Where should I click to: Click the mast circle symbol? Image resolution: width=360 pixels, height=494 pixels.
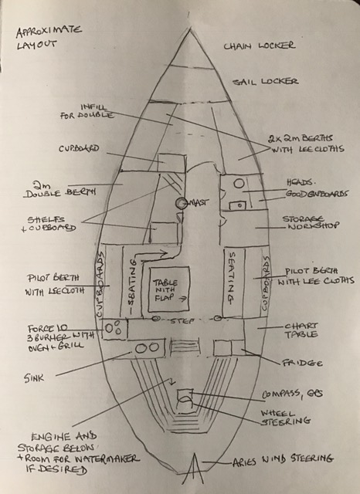click(181, 203)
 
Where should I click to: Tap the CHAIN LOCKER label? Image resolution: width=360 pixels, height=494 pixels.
click(260, 46)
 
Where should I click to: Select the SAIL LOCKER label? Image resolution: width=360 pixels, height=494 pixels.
click(266, 82)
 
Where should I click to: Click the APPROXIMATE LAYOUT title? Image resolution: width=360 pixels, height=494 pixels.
click(49, 38)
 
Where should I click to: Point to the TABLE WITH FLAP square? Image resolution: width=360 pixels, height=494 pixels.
click(169, 289)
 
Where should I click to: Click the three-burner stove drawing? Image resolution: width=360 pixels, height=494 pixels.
click(114, 328)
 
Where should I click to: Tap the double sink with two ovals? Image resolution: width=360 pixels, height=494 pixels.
click(148, 348)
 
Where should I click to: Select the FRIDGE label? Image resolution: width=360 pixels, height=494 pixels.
click(302, 363)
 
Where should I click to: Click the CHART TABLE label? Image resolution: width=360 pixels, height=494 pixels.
click(301, 330)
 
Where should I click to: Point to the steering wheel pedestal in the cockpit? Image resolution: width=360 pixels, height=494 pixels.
click(185, 400)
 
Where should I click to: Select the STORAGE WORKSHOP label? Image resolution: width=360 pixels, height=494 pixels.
click(311, 222)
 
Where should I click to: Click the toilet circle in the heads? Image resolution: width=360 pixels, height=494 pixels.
click(239, 184)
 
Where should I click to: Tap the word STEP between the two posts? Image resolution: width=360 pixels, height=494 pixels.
click(182, 321)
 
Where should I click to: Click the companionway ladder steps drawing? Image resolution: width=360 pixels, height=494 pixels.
click(185, 347)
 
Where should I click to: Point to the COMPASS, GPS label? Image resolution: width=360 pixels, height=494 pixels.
click(292, 394)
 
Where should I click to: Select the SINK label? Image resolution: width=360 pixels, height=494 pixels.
click(33, 377)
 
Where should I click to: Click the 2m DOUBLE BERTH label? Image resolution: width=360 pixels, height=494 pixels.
click(60, 189)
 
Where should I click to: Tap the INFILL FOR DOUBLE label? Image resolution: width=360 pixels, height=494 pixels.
click(87, 112)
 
